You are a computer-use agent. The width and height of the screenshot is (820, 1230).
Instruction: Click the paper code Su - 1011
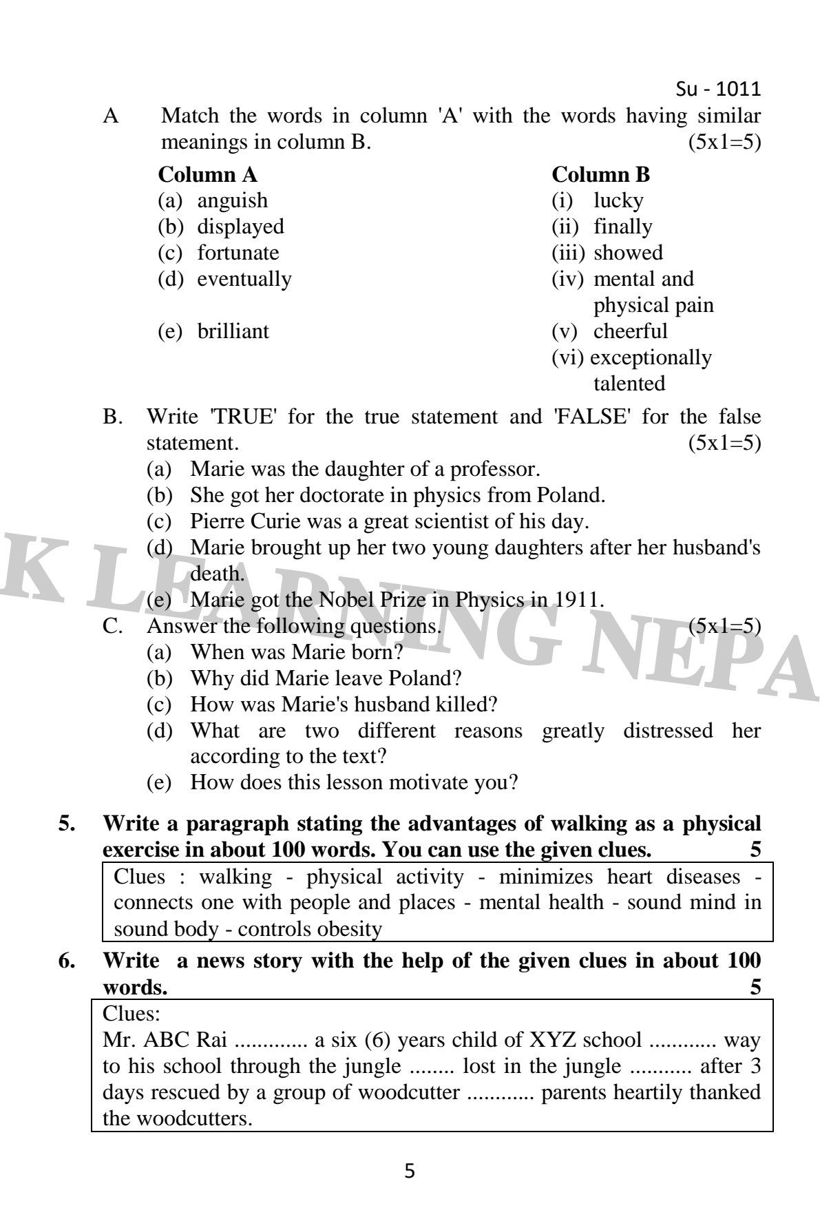[718, 90]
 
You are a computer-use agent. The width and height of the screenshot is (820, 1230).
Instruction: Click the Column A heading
[207, 175]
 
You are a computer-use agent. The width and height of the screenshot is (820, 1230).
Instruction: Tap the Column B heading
[600, 175]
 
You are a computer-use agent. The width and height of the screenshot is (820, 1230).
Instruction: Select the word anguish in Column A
[232, 201]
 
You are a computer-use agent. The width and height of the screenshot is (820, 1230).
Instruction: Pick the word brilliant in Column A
[233, 331]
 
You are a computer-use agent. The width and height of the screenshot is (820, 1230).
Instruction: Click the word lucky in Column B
[618, 201]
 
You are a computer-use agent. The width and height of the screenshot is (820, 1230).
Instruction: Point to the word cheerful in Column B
[630, 331]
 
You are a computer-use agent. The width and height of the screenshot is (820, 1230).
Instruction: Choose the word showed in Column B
[628, 253]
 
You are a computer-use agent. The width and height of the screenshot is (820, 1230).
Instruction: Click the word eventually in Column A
[244, 279]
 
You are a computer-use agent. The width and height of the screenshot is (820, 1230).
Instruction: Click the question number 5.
[67, 824]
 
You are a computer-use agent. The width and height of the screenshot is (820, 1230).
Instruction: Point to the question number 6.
[67, 961]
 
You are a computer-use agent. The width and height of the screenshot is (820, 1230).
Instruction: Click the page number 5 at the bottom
[410, 1171]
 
